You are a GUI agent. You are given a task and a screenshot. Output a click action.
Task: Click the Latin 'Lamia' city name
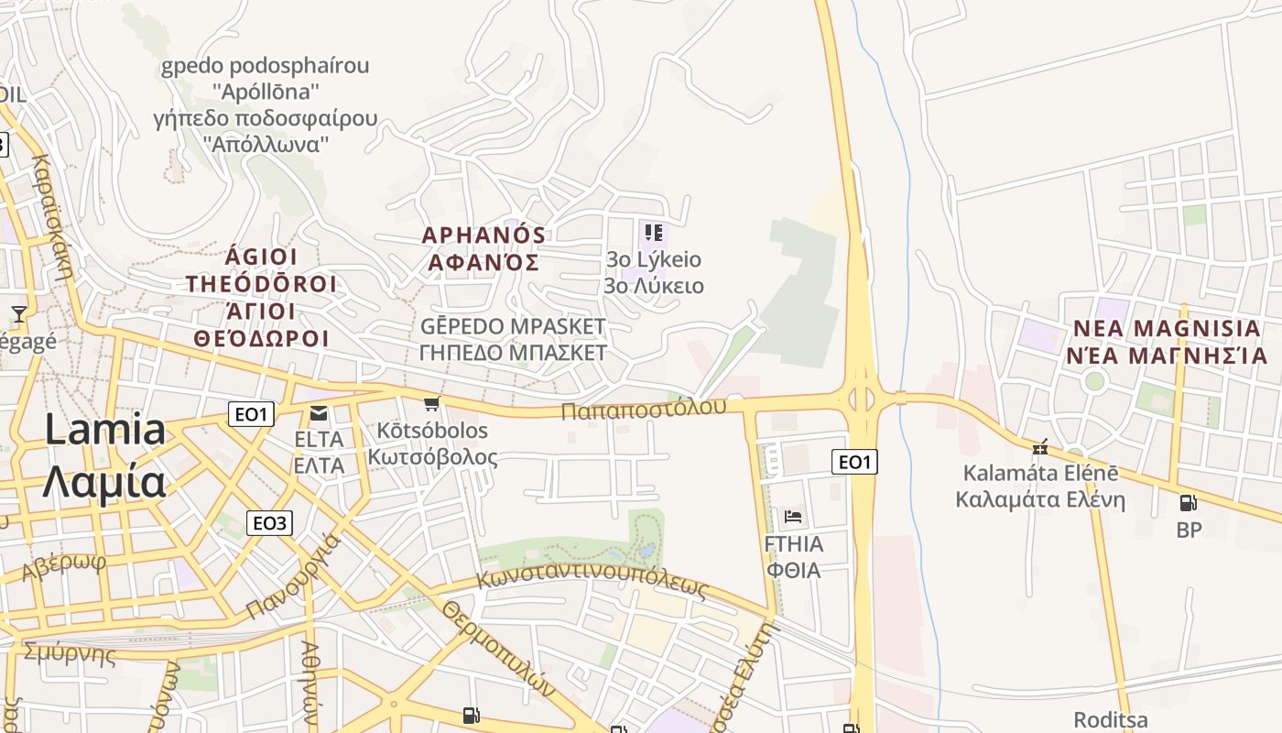(105, 430)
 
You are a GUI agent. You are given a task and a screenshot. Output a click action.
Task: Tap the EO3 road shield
(269, 523)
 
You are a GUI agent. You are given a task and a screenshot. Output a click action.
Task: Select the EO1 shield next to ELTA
(251, 414)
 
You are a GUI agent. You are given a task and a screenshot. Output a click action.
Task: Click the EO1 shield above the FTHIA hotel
(854, 462)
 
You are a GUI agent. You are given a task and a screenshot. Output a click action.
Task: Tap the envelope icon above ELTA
(319, 414)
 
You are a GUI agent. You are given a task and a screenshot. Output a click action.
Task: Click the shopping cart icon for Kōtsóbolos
(432, 403)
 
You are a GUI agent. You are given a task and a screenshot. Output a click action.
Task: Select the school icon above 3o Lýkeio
(653, 233)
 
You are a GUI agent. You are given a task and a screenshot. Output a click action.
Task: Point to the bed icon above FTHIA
(793, 517)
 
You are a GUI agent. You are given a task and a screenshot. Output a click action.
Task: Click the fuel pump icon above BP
(1189, 502)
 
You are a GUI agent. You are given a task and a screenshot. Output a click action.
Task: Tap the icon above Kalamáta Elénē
(1039, 448)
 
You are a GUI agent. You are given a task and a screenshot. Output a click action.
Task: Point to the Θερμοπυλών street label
(499, 649)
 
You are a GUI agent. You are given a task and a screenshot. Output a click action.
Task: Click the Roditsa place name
(1110, 719)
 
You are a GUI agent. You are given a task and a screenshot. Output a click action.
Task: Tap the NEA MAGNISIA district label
(1167, 328)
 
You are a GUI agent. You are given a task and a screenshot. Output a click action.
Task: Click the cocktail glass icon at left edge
(18, 314)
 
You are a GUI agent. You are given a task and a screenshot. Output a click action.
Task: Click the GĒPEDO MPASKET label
(513, 326)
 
